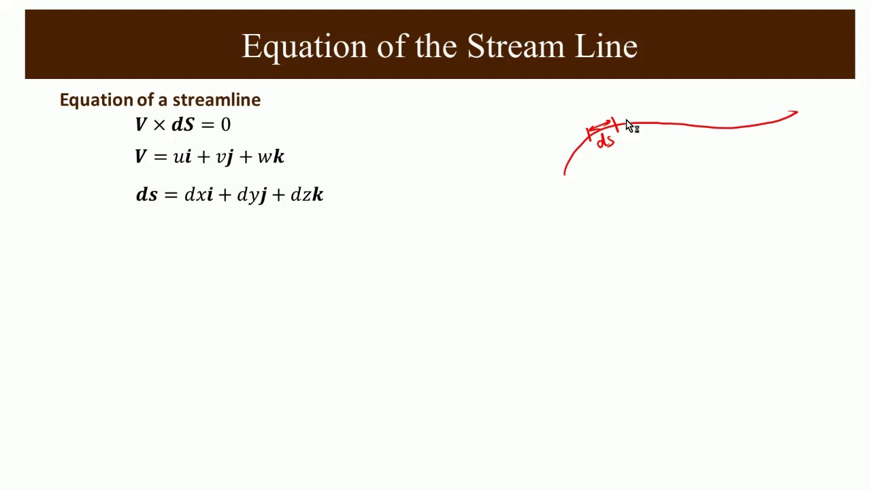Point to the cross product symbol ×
[159, 125]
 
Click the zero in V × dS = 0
[225, 125]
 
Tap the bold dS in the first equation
[182, 125]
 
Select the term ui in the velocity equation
[182, 157]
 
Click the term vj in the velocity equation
[225, 157]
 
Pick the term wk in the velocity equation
[271, 157]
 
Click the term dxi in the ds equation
[199, 195]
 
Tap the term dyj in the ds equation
[251, 195]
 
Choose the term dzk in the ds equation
[306, 195]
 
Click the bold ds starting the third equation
[147, 195]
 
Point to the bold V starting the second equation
[141, 157]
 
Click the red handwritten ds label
[605, 142]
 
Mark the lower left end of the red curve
[565, 173]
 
